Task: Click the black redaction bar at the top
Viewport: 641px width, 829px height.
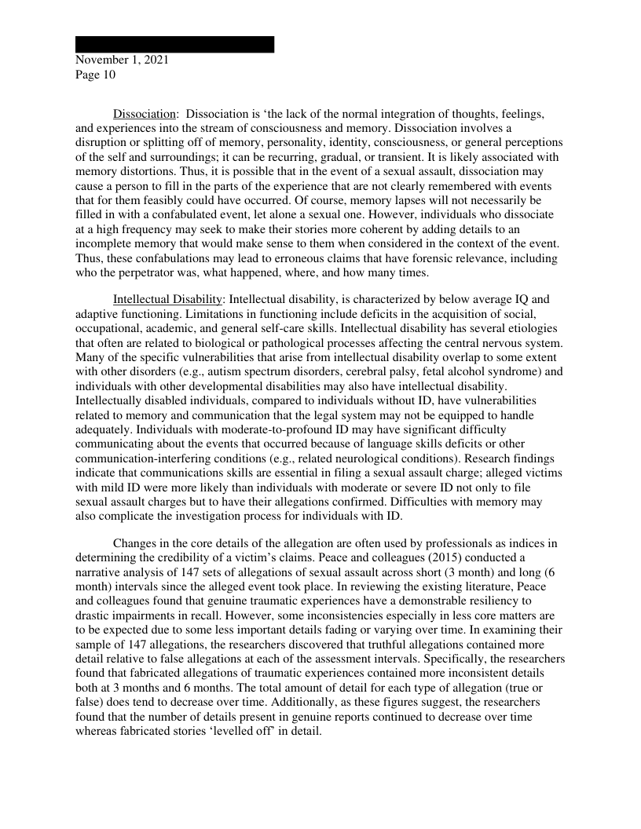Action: [174, 45]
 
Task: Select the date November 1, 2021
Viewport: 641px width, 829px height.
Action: [121, 60]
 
